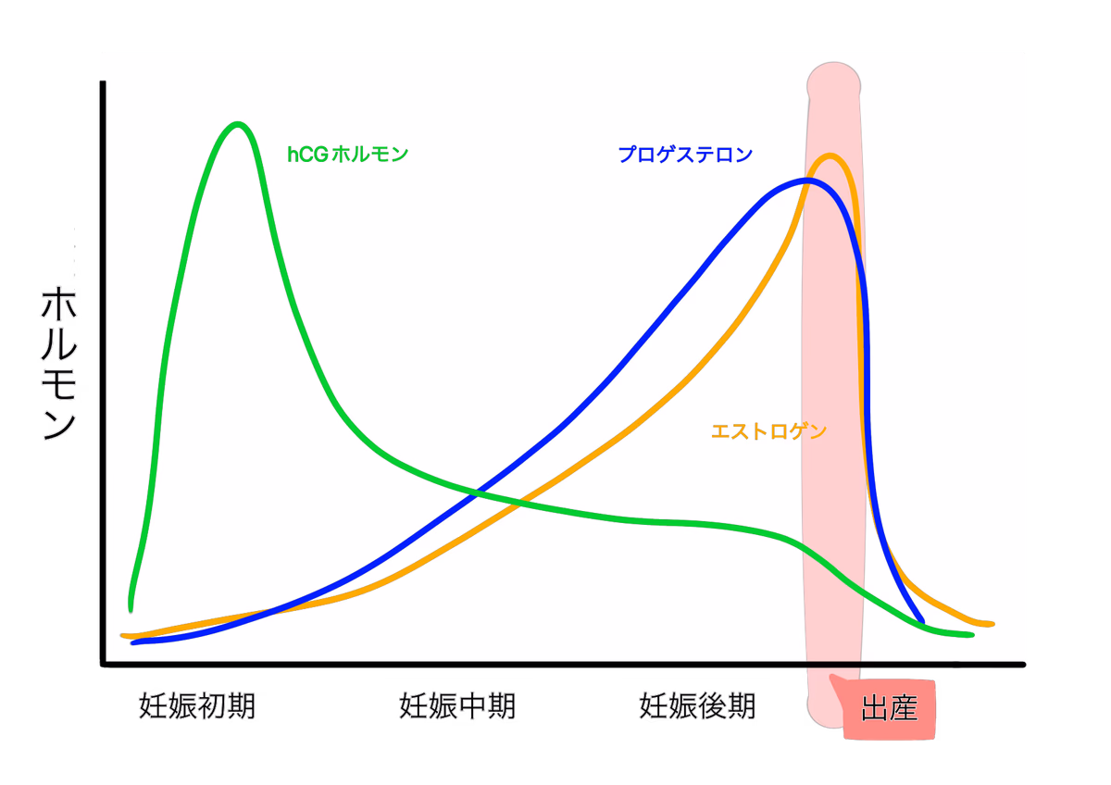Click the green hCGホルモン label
coord(347,155)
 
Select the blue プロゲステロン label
coord(685,155)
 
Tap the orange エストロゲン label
coord(768,431)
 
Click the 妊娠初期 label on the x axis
coord(197,706)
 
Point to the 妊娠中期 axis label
coord(457,706)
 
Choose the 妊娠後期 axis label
coord(697,706)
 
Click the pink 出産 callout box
coord(889,710)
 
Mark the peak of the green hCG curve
coord(238,124)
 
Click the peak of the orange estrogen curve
coord(830,156)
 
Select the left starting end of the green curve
coord(131,609)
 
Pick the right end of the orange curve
coord(991,624)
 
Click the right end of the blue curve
coord(922,620)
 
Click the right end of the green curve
coord(971,635)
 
